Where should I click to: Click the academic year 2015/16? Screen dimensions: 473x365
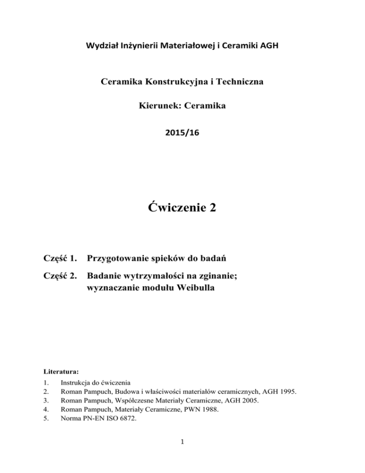(182, 134)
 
